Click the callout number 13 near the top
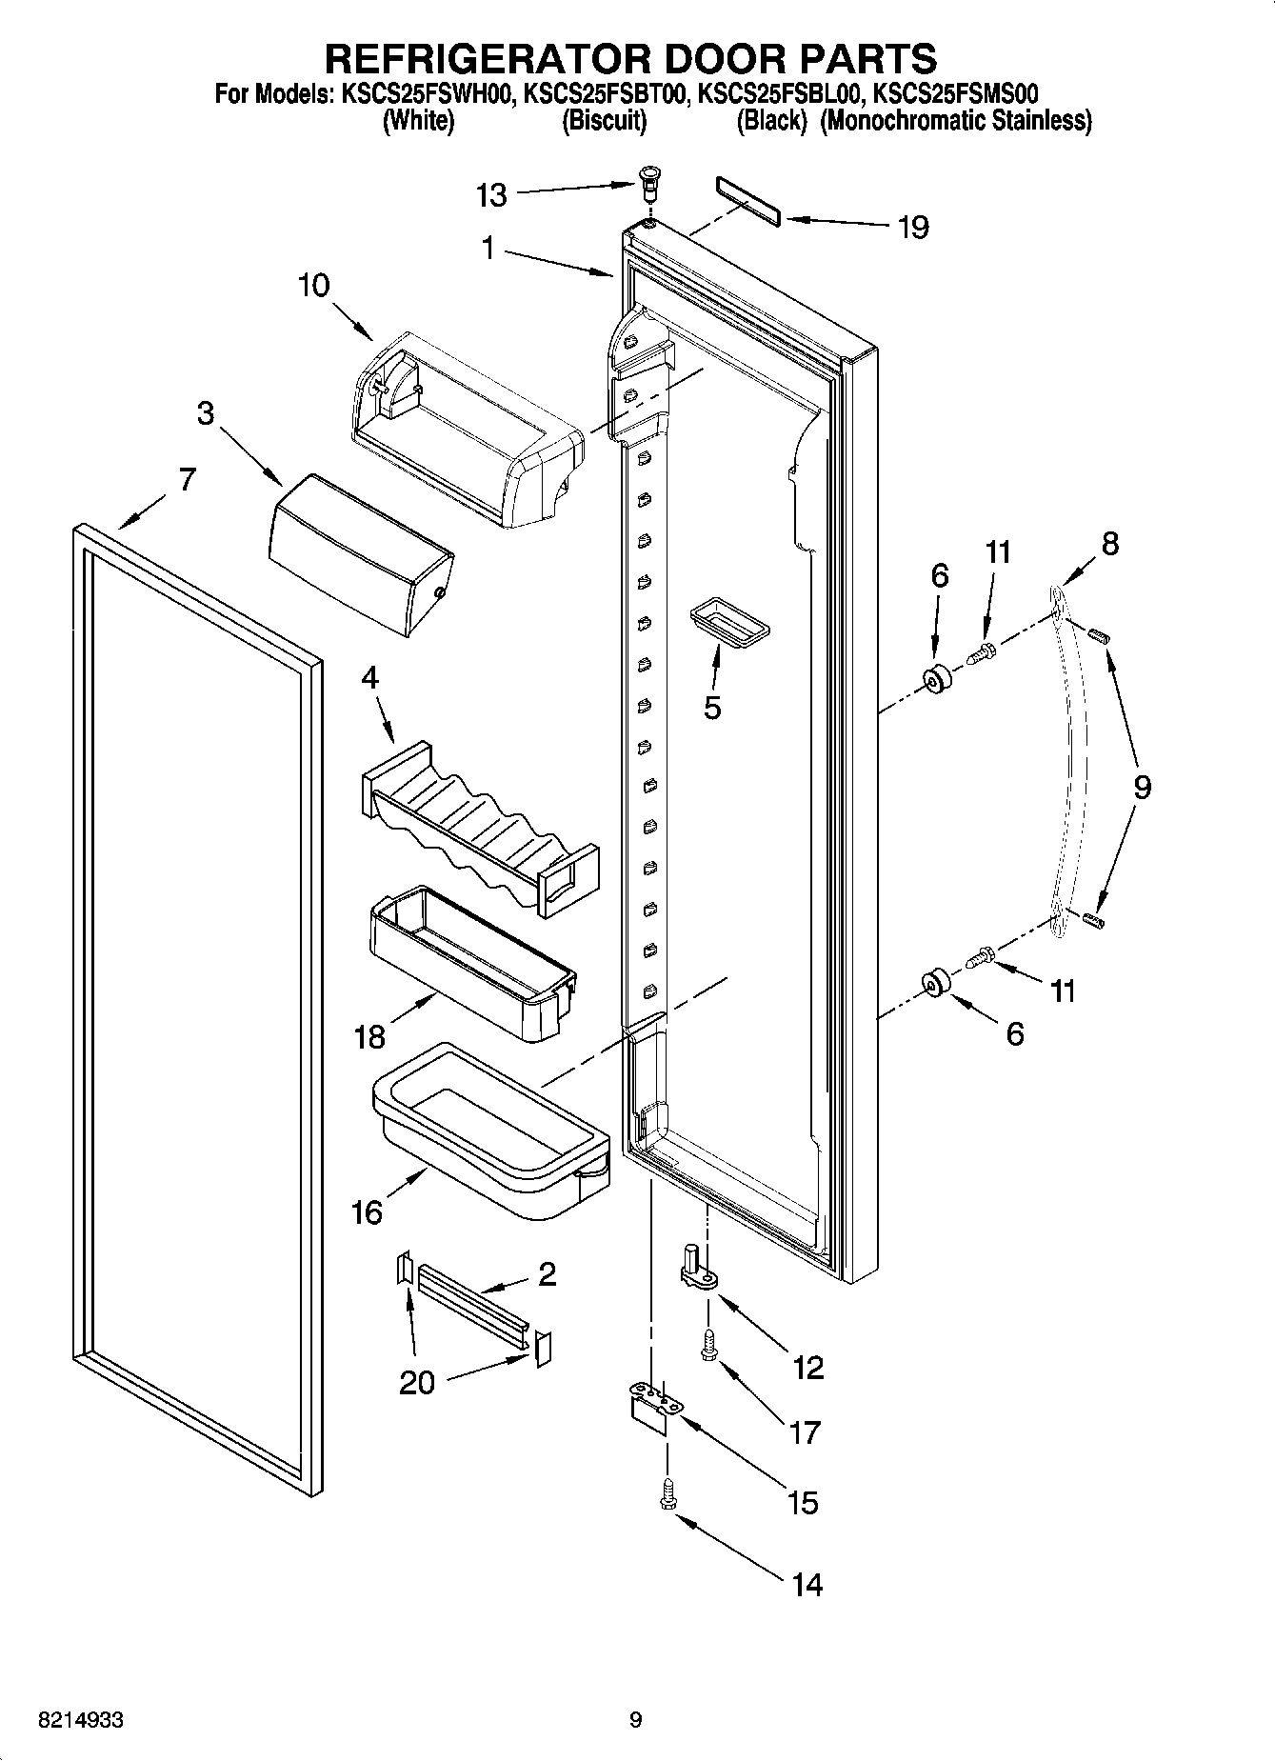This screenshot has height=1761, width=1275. click(491, 196)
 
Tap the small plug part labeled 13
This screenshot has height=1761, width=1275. click(650, 179)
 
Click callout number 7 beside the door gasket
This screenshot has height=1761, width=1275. click(187, 478)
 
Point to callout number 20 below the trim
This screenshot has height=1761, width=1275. click(416, 1381)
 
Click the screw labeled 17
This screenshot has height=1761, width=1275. click(707, 1345)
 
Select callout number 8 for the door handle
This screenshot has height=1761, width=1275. click(1109, 544)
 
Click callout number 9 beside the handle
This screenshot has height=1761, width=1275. click(1141, 787)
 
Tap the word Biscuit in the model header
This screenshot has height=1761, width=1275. click(604, 122)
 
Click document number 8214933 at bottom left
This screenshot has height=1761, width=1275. click(80, 1721)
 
